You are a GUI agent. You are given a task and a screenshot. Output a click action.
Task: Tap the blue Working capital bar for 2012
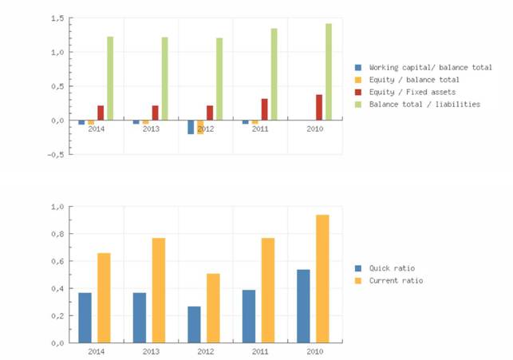pos(191,127)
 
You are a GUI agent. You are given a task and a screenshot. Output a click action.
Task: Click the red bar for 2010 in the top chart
pos(319,107)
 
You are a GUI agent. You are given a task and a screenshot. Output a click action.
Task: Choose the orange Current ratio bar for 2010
pos(322,279)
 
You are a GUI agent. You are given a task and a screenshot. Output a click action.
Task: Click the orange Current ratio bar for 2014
pos(104,298)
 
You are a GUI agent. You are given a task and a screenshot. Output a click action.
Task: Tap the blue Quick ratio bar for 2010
pos(303,306)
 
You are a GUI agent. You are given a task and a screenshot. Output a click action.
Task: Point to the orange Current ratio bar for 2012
pos(213,308)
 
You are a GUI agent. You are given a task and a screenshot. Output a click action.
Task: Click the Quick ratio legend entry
pos(392,268)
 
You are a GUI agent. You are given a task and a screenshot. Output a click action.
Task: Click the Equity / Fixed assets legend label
pos(412,92)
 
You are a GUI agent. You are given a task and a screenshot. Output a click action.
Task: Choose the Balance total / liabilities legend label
pos(424,105)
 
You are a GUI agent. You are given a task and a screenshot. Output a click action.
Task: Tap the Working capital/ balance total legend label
pos(430,67)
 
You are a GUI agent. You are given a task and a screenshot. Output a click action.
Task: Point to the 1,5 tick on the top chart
pos(56,18)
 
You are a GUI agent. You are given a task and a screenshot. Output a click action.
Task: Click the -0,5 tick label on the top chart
pos(53,155)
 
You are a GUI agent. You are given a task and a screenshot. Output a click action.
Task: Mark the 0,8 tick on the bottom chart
pos(56,234)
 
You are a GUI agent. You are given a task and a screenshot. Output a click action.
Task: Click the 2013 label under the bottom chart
pos(150,350)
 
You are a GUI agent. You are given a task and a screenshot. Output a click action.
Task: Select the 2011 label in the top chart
pos(259,129)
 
